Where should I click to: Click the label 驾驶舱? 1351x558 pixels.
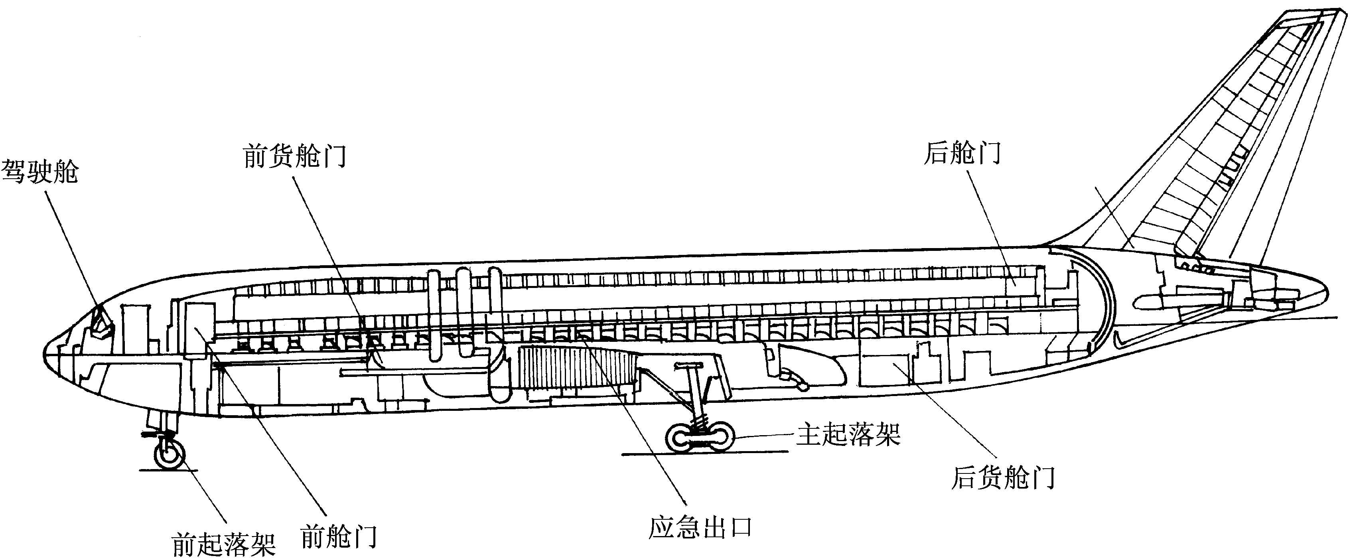tap(40, 172)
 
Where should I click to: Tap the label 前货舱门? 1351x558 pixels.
tap(294, 156)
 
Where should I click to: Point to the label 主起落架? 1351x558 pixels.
tap(848, 434)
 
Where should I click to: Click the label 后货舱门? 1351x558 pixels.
tap(1003, 478)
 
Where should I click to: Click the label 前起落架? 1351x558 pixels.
tap(224, 544)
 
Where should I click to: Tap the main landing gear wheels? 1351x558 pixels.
tap(699, 436)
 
